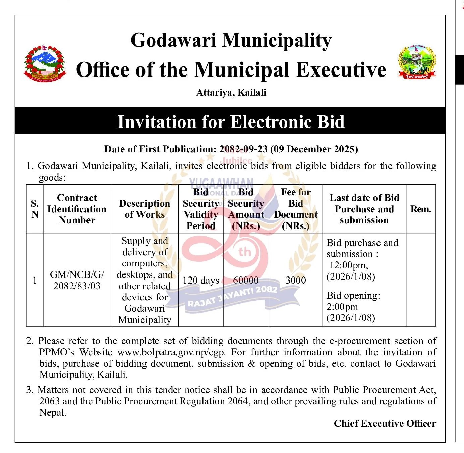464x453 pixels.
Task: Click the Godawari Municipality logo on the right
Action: (x=417, y=62)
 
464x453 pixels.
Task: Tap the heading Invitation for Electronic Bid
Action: (x=231, y=121)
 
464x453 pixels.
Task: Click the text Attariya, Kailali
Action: (x=231, y=92)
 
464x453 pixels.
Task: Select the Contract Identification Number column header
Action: (x=77, y=209)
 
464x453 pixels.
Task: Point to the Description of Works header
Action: (x=144, y=209)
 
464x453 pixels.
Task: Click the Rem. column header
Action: (x=420, y=209)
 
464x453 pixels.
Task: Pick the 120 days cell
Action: (x=201, y=280)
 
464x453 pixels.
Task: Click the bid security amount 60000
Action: (x=246, y=280)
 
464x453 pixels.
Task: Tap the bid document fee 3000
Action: (x=296, y=280)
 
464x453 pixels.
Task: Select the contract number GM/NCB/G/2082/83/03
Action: (x=77, y=280)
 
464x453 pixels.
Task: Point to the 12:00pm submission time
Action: (x=349, y=265)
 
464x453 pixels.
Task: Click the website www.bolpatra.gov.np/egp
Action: (x=172, y=352)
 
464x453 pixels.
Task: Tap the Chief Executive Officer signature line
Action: (x=385, y=423)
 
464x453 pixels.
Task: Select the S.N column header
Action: (x=35, y=209)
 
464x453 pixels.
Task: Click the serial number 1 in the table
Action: (x=35, y=280)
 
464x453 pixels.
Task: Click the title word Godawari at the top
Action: (x=173, y=40)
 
